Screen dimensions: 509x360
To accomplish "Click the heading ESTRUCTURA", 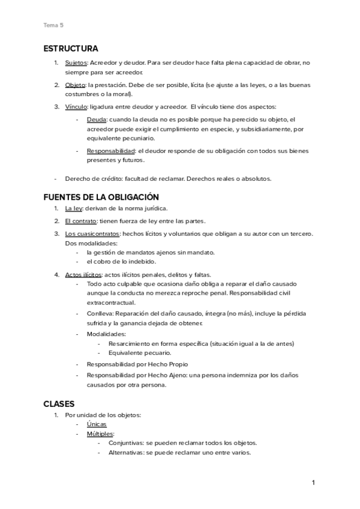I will (71, 48).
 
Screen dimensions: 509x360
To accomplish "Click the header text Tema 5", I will (53, 25).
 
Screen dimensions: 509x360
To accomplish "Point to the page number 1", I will (313, 482).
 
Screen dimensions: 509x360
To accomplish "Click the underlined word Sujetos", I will (76, 62).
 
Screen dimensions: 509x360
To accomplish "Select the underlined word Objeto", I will (75, 85).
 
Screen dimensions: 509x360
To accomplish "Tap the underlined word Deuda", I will (97, 120).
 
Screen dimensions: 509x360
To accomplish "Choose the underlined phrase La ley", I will (74, 208).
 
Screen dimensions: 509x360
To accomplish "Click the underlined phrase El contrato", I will (81, 221).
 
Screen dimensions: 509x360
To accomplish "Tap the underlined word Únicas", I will (97, 424).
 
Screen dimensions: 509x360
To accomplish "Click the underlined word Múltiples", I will (100, 434).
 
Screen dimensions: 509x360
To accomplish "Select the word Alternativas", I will (126, 453).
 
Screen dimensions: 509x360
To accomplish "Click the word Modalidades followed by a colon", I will (106, 333).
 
